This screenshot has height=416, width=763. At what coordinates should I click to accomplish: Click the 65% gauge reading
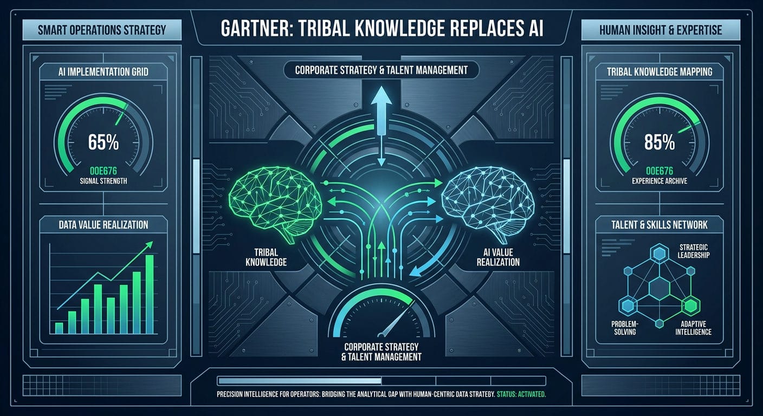[x=104, y=142]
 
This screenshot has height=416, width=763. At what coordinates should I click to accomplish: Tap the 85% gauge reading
[x=659, y=142]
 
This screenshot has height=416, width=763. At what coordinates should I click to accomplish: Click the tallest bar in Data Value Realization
[x=150, y=294]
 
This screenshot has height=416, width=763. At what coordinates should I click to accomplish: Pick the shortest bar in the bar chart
[x=59, y=328]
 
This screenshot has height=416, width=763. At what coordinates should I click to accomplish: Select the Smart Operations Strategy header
[x=102, y=30]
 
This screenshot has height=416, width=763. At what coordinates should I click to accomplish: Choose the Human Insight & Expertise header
[x=661, y=30]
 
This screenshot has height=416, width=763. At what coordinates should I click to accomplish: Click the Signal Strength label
[x=104, y=181]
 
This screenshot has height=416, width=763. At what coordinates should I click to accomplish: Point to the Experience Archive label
[x=659, y=181]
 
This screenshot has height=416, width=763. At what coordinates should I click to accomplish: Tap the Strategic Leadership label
[x=694, y=251]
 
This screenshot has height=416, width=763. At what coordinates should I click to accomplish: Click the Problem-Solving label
[x=625, y=328]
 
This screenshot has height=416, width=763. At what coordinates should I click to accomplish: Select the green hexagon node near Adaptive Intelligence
[x=690, y=305]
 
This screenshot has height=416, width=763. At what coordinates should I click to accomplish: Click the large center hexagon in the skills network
[x=659, y=288]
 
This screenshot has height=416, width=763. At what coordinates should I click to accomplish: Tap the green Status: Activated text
[x=521, y=394]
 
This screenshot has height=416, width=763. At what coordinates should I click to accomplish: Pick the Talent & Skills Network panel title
[x=659, y=225]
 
